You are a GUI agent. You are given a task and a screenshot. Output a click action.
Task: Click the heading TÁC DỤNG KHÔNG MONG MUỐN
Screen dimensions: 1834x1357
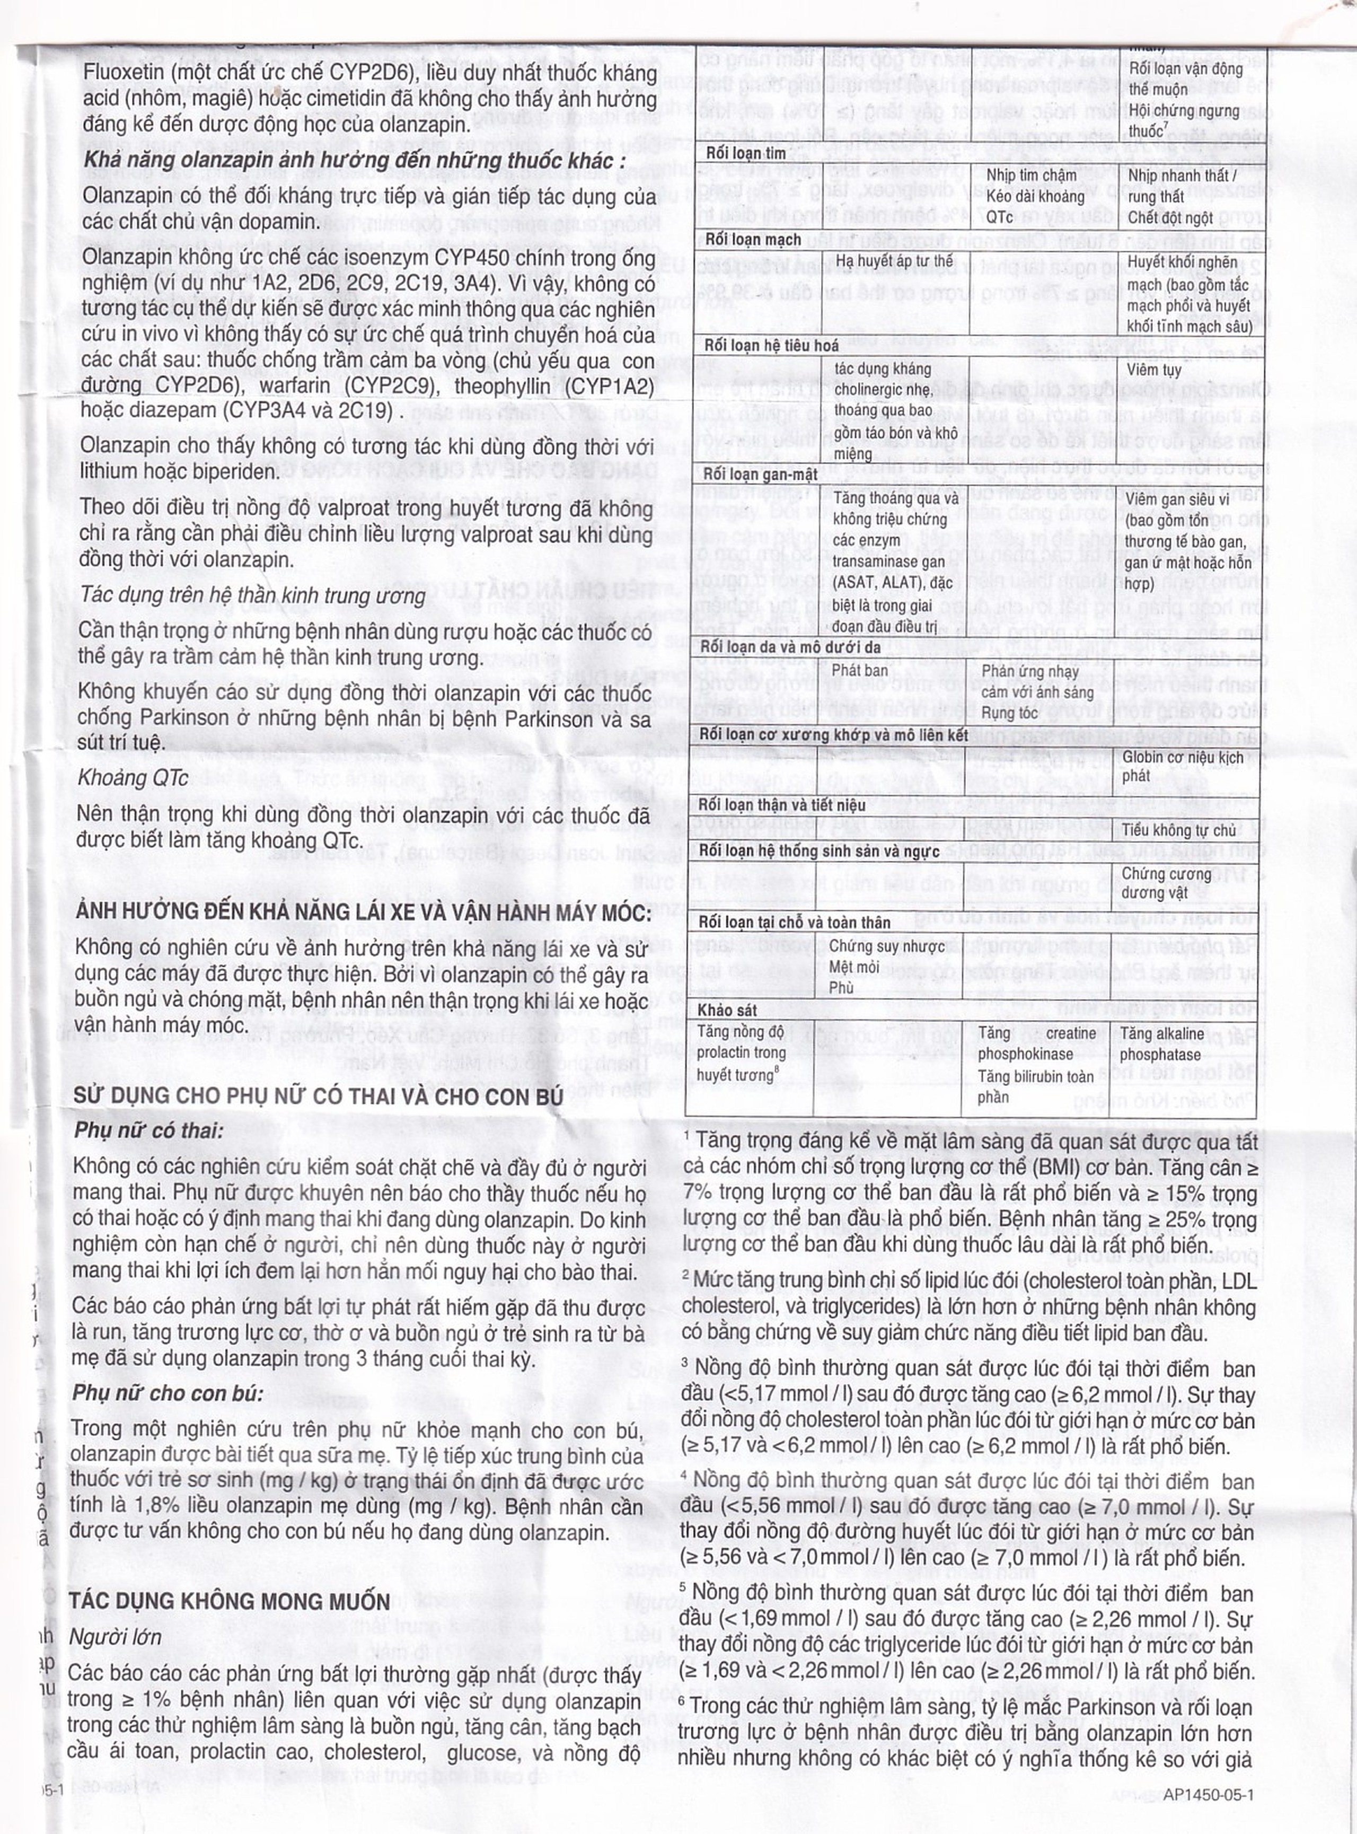tap(229, 1601)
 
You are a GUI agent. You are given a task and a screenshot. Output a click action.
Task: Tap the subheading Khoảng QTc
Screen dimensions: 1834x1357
tap(132, 777)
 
